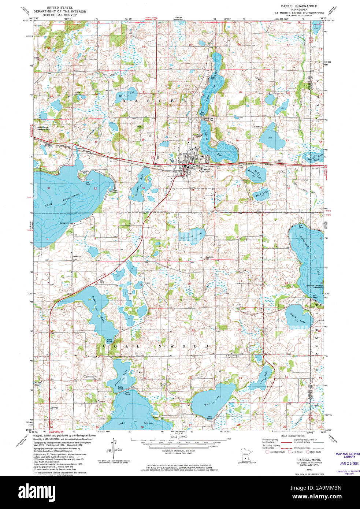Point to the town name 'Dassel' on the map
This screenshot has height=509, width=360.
click(205, 169)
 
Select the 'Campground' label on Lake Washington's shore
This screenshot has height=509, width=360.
click(64, 223)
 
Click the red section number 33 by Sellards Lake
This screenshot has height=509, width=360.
click(144, 189)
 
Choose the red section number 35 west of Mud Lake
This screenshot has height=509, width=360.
click(238, 186)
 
